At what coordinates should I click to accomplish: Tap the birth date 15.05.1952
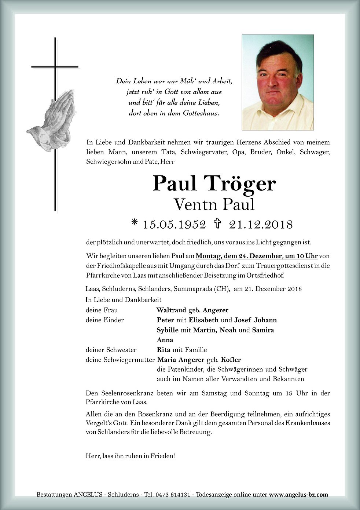(x=174, y=224)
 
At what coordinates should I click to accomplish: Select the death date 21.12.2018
(x=261, y=224)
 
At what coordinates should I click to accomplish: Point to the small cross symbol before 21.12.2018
(x=217, y=223)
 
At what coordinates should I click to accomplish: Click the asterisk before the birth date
(x=135, y=222)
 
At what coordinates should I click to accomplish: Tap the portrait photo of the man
(x=278, y=82)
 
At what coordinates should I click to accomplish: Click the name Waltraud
(x=171, y=310)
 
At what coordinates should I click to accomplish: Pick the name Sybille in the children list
(x=168, y=330)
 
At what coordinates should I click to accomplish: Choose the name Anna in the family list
(x=165, y=340)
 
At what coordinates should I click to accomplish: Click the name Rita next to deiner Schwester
(x=164, y=350)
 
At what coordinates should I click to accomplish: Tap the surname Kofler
(x=231, y=360)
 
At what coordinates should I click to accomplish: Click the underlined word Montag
(x=209, y=255)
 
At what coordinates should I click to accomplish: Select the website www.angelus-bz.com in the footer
(x=299, y=495)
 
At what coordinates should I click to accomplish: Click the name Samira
(x=263, y=330)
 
